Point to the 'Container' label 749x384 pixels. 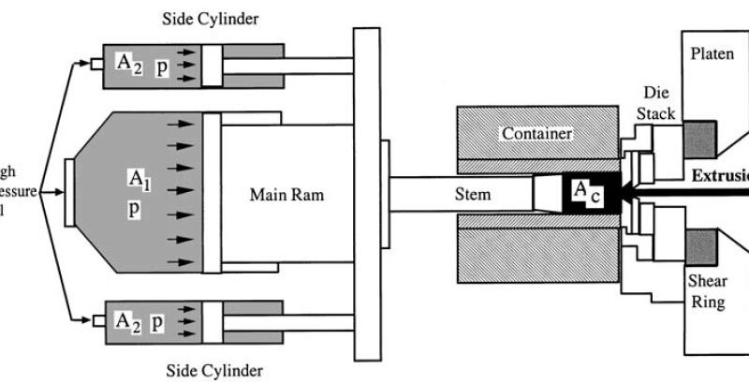pyautogui.click(x=536, y=134)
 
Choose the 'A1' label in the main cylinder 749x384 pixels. pyautogui.click(x=138, y=177)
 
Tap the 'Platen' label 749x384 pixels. pyautogui.click(x=712, y=53)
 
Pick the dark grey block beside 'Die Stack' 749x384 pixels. pyautogui.click(x=699, y=139)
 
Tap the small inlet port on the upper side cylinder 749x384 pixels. pyautogui.click(x=96, y=66)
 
